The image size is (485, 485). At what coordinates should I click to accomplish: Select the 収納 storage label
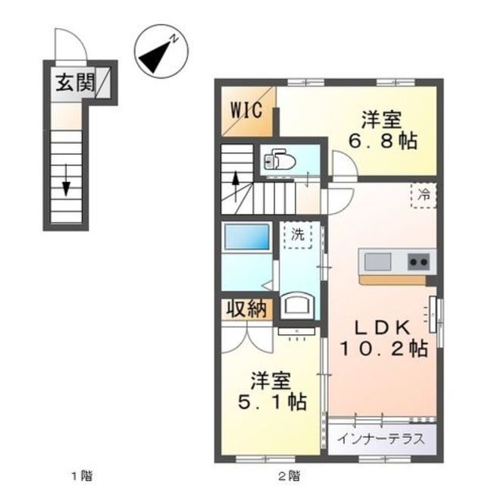click(246, 309)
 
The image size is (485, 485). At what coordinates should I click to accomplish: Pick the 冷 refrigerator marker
click(424, 196)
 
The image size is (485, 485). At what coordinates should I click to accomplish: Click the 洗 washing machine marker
click(298, 235)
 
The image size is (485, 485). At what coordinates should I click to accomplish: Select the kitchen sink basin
click(377, 262)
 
